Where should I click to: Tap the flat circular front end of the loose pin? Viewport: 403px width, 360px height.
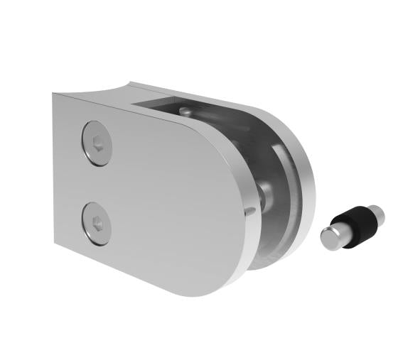click(x=329, y=239)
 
